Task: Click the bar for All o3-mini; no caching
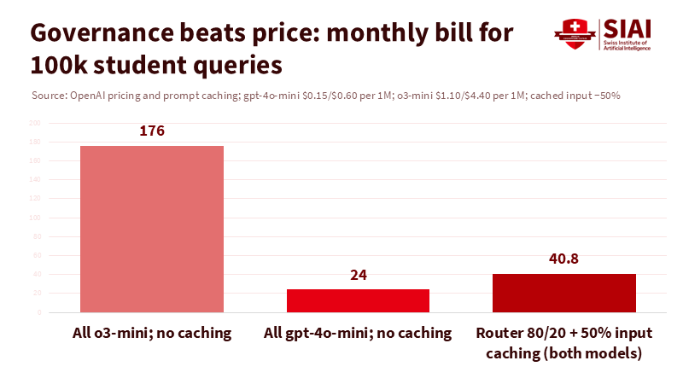(x=152, y=229)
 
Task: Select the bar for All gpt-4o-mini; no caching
(x=358, y=300)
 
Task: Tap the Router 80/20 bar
(x=563, y=293)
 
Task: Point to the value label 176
(x=152, y=131)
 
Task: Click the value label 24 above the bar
(x=358, y=275)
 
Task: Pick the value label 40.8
(x=563, y=259)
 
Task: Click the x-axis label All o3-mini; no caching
(x=152, y=333)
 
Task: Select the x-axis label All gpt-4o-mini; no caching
(x=358, y=333)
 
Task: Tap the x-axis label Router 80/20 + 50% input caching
(x=563, y=342)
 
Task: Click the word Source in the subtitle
(x=46, y=96)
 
